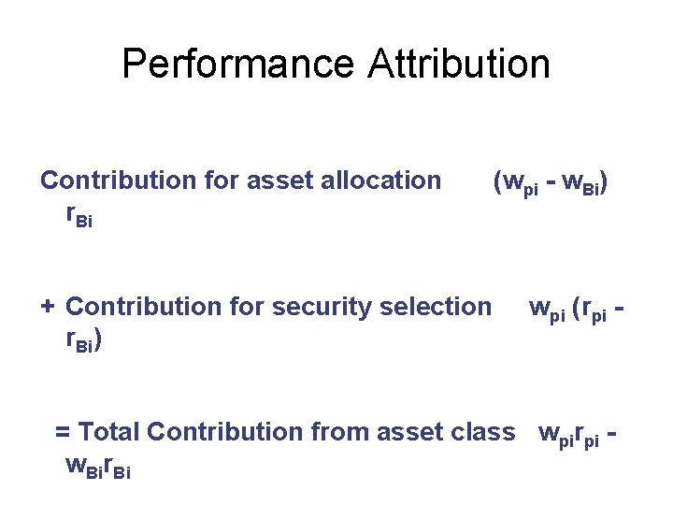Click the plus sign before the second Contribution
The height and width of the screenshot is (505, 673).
tap(48, 307)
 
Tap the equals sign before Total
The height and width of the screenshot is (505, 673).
tap(63, 433)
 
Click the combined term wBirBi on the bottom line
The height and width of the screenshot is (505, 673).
tap(97, 465)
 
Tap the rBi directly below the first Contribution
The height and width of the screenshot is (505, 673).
tap(79, 214)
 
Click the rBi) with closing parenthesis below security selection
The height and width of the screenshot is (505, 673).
tap(83, 340)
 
